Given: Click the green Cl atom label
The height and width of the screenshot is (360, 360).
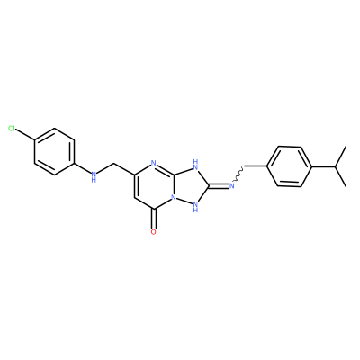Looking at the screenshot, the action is (12, 129).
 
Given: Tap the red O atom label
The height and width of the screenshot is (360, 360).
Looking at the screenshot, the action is (154, 232).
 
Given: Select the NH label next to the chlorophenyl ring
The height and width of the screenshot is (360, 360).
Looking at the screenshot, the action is (94, 176).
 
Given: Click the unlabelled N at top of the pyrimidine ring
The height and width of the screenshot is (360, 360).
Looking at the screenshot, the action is (154, 164).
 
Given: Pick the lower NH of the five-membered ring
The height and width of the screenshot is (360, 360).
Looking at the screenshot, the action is (196, 206).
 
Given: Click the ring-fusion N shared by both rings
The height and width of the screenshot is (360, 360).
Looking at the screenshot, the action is (174, 198).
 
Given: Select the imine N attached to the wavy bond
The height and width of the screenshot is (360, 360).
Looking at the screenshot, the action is (231, 186).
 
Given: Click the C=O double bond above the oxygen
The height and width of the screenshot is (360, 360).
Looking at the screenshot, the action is (154, 219).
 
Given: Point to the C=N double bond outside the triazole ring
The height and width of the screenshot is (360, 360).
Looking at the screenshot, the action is (219, 185).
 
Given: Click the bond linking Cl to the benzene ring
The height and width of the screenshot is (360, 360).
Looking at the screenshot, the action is (25, 135).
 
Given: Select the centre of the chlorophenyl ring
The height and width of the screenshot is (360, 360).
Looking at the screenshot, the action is (54, 152).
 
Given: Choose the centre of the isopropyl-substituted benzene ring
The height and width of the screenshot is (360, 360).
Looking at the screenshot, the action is (289, 166).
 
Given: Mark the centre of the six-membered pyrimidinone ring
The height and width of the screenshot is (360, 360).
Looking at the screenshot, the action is (154, 186).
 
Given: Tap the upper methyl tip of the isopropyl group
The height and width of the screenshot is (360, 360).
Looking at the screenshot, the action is (346, 147).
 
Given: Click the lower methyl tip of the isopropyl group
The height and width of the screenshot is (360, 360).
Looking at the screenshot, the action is (346, 186).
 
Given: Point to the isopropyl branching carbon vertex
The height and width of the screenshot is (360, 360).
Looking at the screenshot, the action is (335, 166).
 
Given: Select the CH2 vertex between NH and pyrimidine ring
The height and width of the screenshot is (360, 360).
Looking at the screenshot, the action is (114, 164).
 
